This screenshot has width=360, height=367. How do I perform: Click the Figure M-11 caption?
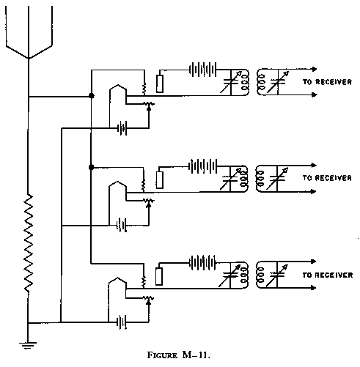(x=180, y=357)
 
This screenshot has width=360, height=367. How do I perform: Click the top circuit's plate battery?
(x=202, y=71)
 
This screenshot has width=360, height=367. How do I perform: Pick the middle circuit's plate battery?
(x=202, y=166)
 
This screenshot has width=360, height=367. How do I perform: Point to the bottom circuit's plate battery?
(x=202, y=262)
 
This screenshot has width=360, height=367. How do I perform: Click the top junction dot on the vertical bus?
(x=91, y=96)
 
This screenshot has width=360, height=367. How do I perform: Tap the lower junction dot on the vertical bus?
(x=91, y=167)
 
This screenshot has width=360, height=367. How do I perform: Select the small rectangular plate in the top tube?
(x=159, y=84)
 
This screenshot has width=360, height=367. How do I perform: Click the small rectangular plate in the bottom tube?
(x=159, y=275)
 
